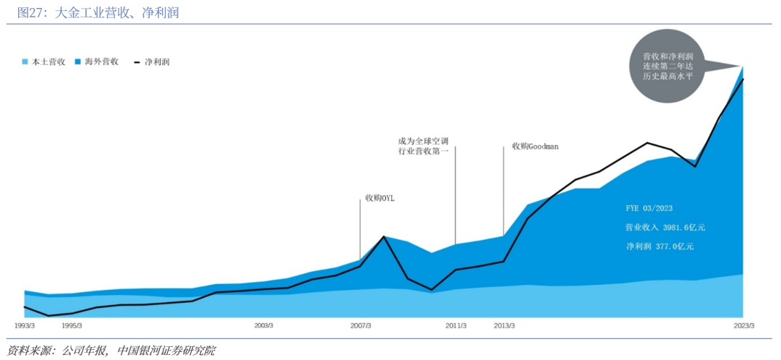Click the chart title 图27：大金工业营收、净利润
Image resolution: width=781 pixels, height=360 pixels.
(x=98, y=12)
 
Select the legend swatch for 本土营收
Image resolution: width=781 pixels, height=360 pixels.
(x=25, y=62)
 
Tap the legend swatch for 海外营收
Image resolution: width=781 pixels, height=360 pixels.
(x=78, y=62)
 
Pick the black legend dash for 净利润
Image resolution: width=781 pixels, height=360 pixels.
(x=137, y=62)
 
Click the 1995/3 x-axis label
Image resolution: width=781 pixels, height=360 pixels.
(x=72, y=325)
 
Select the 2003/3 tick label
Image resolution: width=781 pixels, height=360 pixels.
(x=264, y=325)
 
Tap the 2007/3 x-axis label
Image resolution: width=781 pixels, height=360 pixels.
(x=360, y=325)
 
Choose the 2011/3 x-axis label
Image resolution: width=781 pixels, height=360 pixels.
(x=456, y=325)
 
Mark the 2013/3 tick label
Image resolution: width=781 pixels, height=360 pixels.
(x=504, y=325)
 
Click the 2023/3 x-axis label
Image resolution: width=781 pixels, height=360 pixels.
(x=744, y=325)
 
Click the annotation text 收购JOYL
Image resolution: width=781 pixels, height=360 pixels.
(x=380, y=197)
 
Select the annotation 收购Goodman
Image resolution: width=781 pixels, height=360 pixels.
(x=535, y=146)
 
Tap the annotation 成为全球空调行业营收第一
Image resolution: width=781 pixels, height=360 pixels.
(x=424, y=146)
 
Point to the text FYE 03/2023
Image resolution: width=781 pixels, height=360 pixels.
(x=649, y=207)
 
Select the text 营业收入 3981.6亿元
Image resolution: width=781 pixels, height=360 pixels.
(x=665, y=227)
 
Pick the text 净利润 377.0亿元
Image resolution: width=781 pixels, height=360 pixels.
(x=660, y=247)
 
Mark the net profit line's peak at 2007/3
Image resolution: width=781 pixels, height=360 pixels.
(x=384, y=236)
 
